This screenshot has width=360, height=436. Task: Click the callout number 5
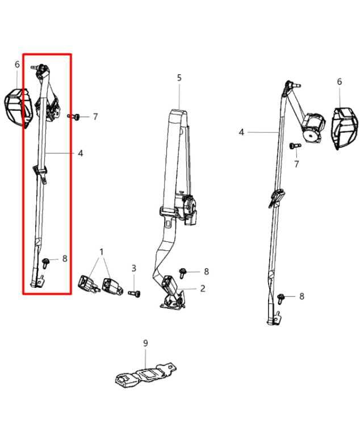click(x=179, y=78)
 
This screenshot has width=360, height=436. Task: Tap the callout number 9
click(x=145, y=343)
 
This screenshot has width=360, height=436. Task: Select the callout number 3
click(x=134, y=269)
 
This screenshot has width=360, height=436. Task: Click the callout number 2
click(x=203, y=288)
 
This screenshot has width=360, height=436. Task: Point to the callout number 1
click(x=102, y=252)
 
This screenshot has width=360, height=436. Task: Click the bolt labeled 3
click(x=134, y=293)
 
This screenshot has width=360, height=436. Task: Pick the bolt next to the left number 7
click(x=74, y=117)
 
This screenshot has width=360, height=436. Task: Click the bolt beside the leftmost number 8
click(x=45, y=263)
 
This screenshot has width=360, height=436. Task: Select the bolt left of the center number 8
click(x=183, y=272)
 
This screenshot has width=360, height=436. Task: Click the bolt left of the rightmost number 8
click(x=281, y=299)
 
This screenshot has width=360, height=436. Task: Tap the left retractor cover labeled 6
click(x=19, y=107)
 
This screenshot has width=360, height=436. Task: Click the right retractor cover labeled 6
click(x=345, y=127)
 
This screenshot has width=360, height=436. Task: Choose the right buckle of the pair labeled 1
click(x=112, y=286)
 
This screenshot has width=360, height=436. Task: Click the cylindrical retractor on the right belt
click(x=313, y=127)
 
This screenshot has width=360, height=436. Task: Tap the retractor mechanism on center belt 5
click(x=187, y=208)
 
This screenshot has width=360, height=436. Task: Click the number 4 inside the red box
click(x=80, y=153)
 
